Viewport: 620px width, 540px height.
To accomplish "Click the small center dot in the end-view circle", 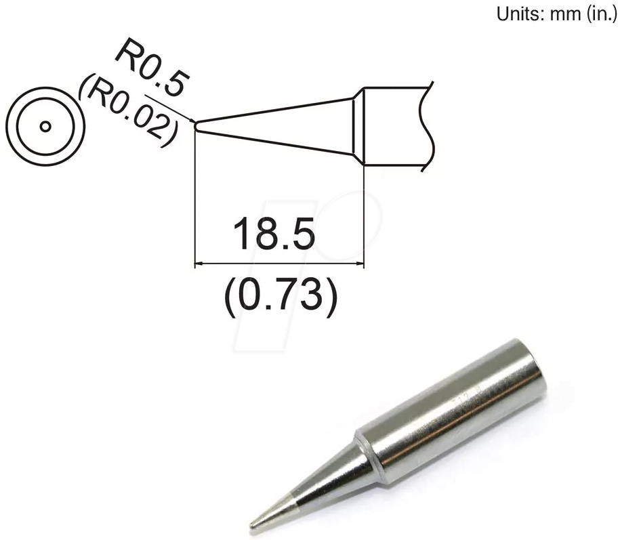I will [45, 127].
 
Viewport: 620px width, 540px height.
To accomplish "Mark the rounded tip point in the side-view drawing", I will [196, 125].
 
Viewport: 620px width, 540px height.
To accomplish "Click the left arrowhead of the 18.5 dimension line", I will [198, 264].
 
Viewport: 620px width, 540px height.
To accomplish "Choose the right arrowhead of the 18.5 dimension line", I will [361, 264].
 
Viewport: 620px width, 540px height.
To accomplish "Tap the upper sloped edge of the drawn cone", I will [278, 111].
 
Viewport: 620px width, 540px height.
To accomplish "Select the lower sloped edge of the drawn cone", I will [278, 140].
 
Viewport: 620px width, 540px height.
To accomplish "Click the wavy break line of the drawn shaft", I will [426, 126].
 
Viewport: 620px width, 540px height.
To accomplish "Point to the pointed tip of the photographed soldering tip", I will [253, 524].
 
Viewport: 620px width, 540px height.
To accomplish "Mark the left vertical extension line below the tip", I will [195, 196].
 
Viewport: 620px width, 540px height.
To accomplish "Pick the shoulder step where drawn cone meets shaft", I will [360, 126].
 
